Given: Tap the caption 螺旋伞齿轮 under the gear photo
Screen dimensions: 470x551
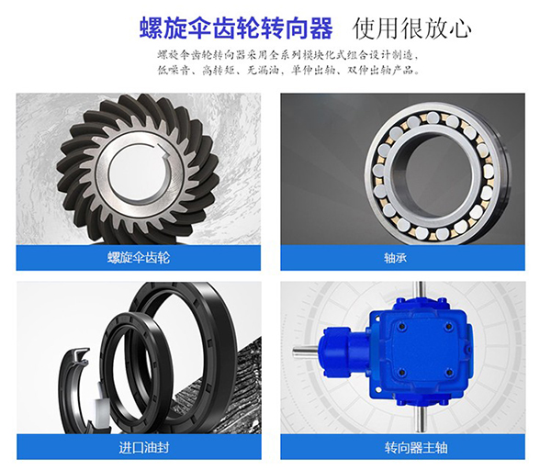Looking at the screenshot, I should coord(138,258).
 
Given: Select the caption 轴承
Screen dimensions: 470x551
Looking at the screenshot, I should coord(402,258).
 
